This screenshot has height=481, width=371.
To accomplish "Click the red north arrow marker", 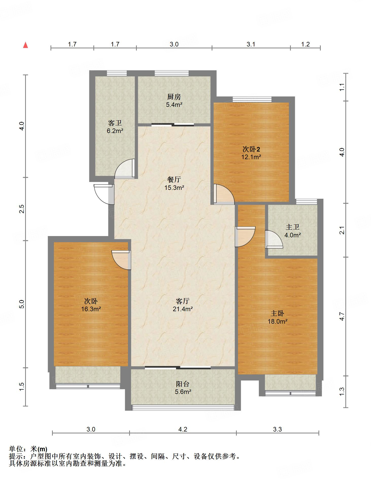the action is (x=25, y=45).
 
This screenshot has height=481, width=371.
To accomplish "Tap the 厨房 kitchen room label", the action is (x=174, y=97).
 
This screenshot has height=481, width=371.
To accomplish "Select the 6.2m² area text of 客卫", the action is (x=115, y=131).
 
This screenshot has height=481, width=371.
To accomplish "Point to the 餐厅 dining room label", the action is (x=174, y=179).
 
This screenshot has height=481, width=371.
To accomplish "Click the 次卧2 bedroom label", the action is (x=251, y=149).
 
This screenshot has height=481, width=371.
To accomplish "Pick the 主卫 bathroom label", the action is (x=293, y=227).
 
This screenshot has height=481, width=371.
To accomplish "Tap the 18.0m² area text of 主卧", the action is (x=277, y=321).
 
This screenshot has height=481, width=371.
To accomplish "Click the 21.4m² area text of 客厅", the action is (x=183, y=309).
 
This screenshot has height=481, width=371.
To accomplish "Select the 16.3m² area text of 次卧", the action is (x=91, y=309).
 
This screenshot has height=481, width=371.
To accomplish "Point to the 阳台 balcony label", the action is (x=183, y=384).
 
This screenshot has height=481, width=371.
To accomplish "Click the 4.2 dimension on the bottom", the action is (x=183, y=429).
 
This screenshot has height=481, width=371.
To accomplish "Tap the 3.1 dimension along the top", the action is (x=251, y=44).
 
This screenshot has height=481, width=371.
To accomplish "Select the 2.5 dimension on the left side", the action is (x=22, y=209).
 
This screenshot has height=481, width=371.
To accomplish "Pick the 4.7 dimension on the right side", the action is (x=342, y=316).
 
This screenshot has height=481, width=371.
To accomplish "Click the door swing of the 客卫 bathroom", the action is (x=125, y=168).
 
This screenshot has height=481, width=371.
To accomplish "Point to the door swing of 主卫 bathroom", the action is (x=274, y=239).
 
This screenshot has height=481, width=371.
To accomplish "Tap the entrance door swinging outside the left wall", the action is (x=103, y=194).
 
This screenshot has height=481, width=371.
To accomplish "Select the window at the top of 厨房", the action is (x=172, y=73).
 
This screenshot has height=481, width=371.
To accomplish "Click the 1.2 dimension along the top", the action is (x=306, y=44).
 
